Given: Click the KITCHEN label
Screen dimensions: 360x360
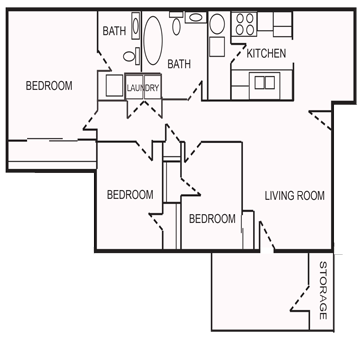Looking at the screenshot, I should click(x=267, y=53).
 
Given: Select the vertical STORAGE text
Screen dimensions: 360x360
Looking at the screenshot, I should click(x=323, y=291).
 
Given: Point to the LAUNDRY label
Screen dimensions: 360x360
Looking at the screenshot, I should click(x=143, y=88).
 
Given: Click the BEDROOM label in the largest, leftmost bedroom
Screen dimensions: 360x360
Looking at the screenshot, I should click(x=49, y=86).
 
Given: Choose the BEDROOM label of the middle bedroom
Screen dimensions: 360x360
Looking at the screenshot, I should click(x=130, y=194).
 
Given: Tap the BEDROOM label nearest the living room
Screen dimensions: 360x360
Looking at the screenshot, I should click(x=212, y=219).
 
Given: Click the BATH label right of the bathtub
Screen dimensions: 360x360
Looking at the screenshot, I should click(x=179, y=65).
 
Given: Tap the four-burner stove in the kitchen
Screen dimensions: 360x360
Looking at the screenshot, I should click(x=244, y=23).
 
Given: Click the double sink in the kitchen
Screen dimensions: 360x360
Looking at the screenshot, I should click(x=265, y=81).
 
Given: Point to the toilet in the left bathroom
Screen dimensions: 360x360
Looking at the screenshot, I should click(x=111, y=84).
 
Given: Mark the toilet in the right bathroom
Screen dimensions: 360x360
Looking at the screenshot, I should click(x=194, y=22).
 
